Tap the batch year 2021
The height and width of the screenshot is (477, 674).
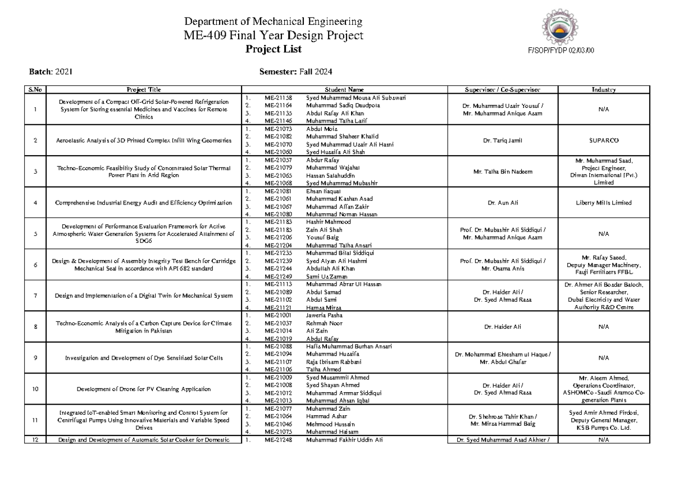point(63,72)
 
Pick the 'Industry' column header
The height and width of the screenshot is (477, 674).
point(603,89)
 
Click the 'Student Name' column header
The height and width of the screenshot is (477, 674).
point(344,89)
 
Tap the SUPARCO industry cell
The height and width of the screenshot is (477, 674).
point(603,140)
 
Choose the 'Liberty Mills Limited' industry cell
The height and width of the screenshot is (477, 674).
point(603,202)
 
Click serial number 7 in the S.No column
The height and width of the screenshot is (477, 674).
point(35,296)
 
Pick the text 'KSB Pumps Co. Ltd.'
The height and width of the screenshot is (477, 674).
point(603,428)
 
